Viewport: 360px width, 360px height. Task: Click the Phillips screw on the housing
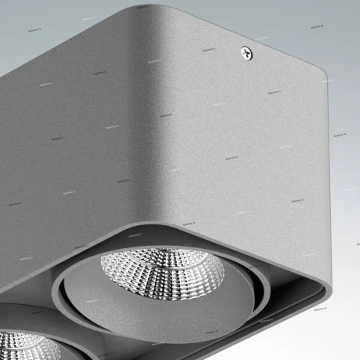click(x=247, y=52)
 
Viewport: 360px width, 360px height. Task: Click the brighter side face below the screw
click(x=245, y=153)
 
